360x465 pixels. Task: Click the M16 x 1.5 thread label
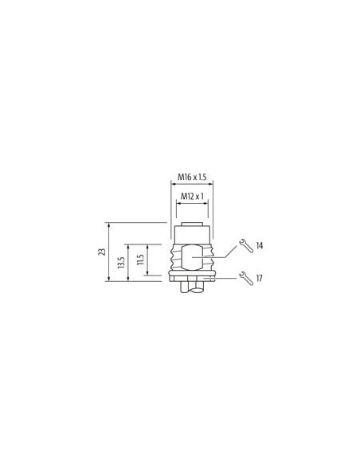(192, 177)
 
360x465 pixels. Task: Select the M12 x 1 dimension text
(192, 196)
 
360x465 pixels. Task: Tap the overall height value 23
(102, 252)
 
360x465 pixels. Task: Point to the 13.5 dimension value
(121, 263)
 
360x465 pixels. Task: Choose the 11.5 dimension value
(140, 260)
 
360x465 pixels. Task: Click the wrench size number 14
(260, 245)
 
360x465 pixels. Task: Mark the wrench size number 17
(259, 278)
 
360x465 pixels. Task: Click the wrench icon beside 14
(246, 245)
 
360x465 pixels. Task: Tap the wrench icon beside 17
(246, 278)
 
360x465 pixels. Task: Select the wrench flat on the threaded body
(192, 257)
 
